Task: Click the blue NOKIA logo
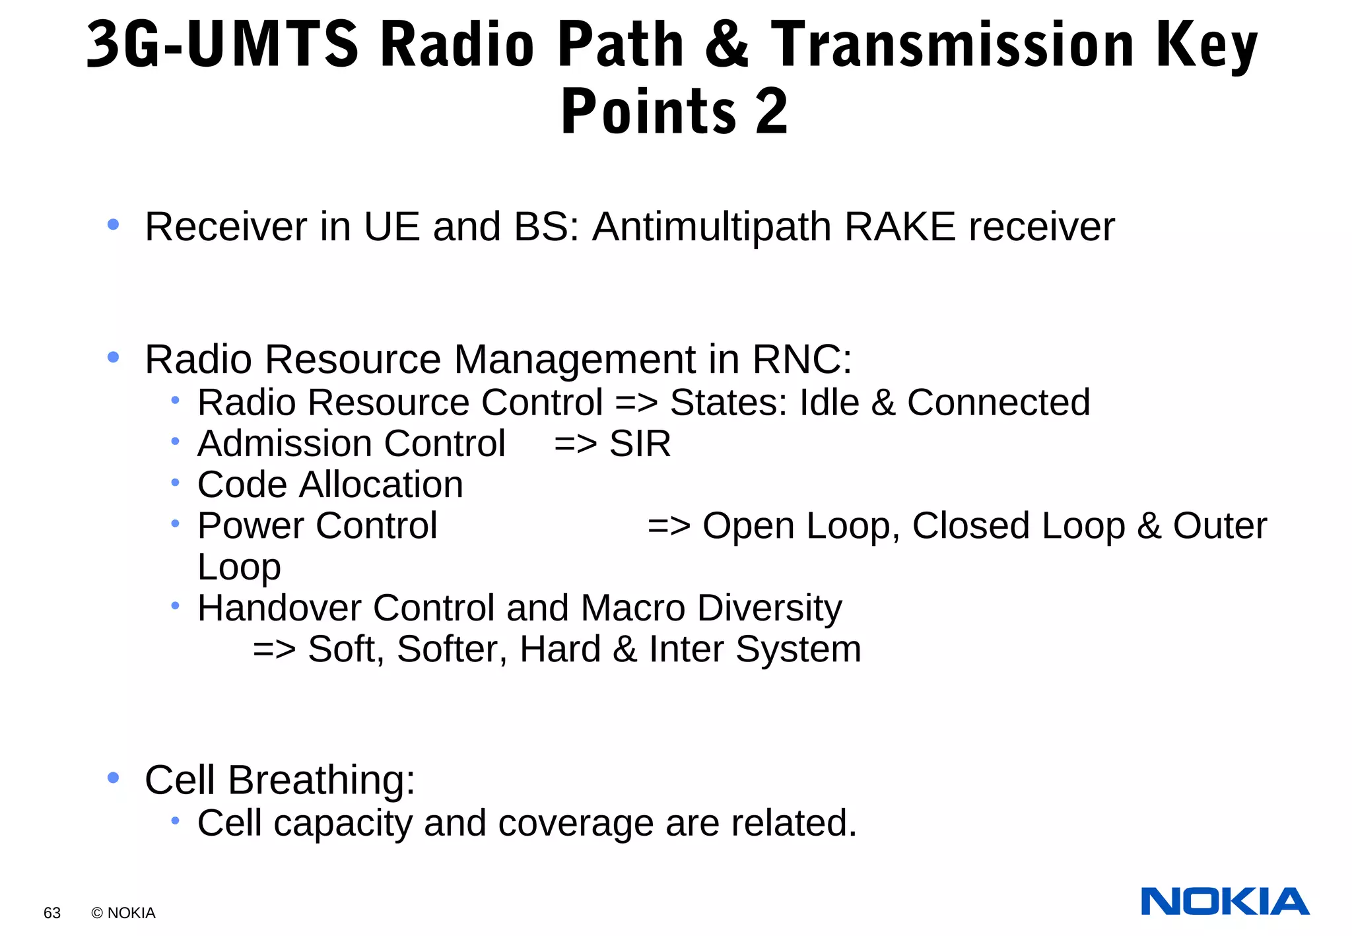pyautogui.click(x=1225, y=902)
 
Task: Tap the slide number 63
pyautogui.click(x=52, y=913)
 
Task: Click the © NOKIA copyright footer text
pyautogui.click(x=123, y=913)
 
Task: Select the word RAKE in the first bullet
pyautogui.click(x=899, y=227)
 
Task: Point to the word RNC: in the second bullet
pyautogui.click(x=801, y=360)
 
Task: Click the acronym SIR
pyautogui.click(x=640, y=444)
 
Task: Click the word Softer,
pyautogui.click(x=452, y=650)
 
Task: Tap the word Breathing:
pyautogui.click(x=321, y=781)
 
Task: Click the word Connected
pyautogui.click(x=998, y=403)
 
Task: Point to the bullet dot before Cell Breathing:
pyautogui.click(x=113, y=778)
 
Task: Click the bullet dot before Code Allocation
pyautogui.click(x=175, y=483)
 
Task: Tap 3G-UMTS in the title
pyautogui.click(x=222, y=45)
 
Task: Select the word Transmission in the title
pyautogui.click(x=953, y=45)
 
